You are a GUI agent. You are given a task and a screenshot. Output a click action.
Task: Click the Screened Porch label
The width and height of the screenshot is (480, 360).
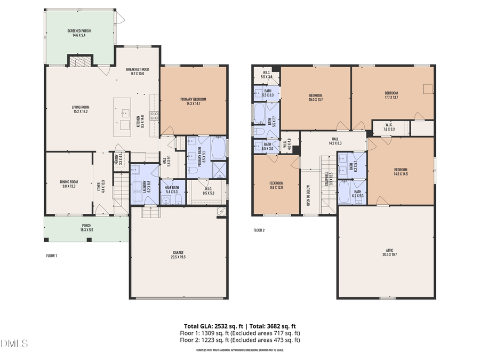(x=79, y=33)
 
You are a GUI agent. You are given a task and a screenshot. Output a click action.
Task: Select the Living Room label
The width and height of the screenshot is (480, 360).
(x=80, y=109)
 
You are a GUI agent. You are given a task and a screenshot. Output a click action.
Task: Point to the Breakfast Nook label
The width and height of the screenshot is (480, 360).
(x=137, y=72)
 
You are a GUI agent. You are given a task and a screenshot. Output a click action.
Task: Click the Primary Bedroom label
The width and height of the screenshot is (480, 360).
(x=193, y=101)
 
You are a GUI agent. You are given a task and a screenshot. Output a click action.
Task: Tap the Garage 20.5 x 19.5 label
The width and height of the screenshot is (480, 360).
(x=178, y=254)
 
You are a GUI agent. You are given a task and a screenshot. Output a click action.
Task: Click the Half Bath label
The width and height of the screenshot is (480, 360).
(x=172, y=189)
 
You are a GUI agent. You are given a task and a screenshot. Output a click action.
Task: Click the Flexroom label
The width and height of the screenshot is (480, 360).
(x=275, y=185)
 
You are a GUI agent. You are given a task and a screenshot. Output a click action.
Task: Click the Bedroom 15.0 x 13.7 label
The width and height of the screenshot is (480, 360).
(x=316, y=98)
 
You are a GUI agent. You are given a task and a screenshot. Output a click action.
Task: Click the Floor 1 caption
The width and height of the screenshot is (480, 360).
(x=52, y=256)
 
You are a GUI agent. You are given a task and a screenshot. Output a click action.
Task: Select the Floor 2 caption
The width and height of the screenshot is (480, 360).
(x=259, y=230)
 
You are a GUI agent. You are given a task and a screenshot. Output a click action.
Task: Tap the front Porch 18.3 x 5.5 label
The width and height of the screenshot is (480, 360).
(x=86, y=227)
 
